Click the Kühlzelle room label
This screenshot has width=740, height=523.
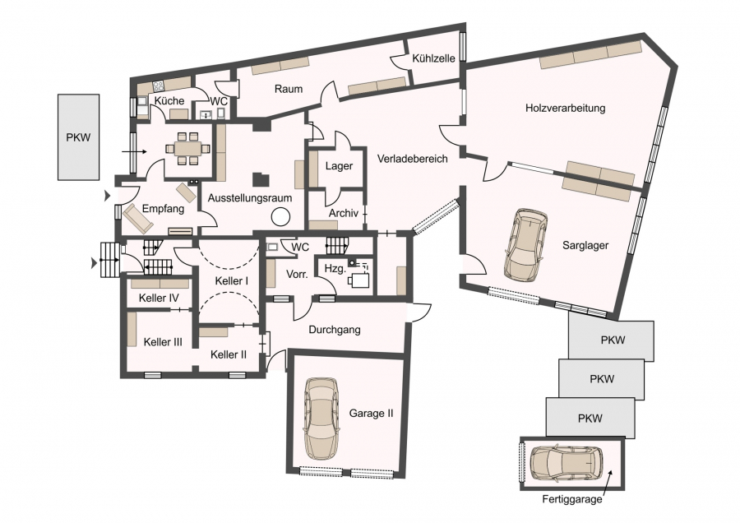pos(433,58)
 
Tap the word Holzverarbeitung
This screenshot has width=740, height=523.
pos(565,108)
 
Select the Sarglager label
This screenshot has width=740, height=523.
pos(585,245)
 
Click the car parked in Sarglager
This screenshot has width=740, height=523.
pos(525,245)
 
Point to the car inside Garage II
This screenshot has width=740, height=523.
pos(321,419)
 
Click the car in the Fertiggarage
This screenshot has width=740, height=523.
pos(567,463)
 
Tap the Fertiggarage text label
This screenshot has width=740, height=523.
pos(572,499)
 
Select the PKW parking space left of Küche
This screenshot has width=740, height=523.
pos(78,137)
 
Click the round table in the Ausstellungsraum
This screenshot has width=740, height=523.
pos(281,216)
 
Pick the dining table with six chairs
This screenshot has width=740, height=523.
pos(187,149)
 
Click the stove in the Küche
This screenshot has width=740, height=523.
pos(158,86)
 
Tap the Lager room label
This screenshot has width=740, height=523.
pos(339,166)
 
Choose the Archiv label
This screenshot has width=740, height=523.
pos(344,213)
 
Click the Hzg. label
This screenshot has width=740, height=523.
pos(335,269)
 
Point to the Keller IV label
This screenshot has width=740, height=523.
pos(159,298)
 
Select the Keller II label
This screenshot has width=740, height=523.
pos(229,354)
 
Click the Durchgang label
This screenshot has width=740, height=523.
pos(335,330)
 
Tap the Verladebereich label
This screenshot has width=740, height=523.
pos(413,159)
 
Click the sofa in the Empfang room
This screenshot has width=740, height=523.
pos(138,219)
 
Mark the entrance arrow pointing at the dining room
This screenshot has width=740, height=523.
pos(134,152)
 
